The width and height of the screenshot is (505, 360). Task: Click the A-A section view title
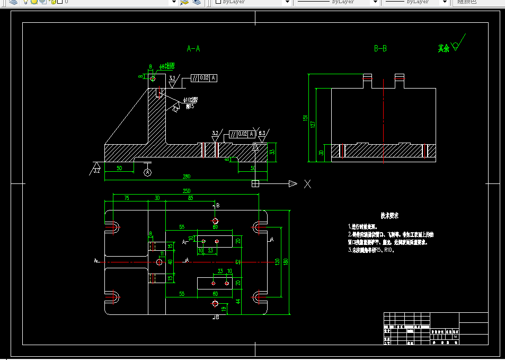click(x=193, y=49)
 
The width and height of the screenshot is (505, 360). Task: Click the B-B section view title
click(x=380, y=49)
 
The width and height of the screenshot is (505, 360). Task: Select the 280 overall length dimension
click(x=186, y=177)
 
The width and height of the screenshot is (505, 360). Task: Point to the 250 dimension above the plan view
click(x=186, y=191)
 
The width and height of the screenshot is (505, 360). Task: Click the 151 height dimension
click(x=305, y=118)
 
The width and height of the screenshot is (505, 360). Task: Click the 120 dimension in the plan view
click(x=277, y=261)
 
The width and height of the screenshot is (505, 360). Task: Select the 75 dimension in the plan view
click(x=126, y=198)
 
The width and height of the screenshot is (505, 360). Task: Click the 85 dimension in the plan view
click(x=190, y=198)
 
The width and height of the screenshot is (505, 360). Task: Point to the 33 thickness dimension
click(x=272, y=152)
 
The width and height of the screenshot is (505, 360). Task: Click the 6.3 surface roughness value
click(x=262, y=133)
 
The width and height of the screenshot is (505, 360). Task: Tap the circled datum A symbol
click(x=148, y=172)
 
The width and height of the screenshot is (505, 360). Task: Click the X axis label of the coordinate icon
click(x=307, y=184)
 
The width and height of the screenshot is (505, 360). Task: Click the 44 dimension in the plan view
click(x=238, y=302)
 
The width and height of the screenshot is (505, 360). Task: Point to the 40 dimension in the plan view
click(x=170, y=262)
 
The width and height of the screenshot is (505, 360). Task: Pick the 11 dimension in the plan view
click(x=162, y=254)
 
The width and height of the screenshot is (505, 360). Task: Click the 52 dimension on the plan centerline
click(x=238, y=262)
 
